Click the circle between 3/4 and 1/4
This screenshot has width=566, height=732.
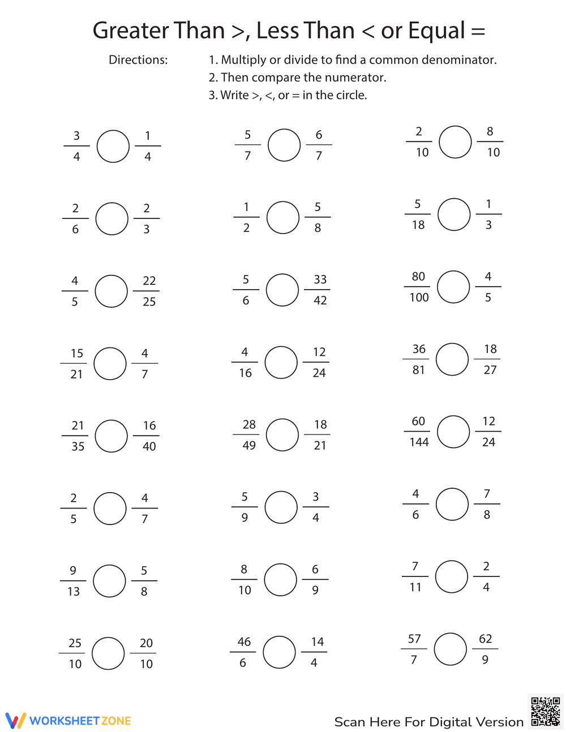113,146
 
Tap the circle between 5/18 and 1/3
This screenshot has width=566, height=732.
454,214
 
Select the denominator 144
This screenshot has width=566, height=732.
419,442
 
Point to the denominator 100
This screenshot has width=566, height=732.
419,298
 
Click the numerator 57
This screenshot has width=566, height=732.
414,639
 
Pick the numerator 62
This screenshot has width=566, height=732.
486,639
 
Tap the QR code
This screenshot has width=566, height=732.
546,712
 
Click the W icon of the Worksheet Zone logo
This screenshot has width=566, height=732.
16,720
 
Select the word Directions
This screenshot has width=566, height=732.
138,60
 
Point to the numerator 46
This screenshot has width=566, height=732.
244,641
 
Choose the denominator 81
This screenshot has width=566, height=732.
418,370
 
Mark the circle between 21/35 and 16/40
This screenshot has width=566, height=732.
112,436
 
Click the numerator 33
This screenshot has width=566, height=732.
320,279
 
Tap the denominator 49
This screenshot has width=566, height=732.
249,445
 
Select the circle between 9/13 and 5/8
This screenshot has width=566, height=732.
109,581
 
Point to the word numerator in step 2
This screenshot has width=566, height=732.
359,77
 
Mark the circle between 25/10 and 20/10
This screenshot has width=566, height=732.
108,653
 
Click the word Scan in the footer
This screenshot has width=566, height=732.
350,722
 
